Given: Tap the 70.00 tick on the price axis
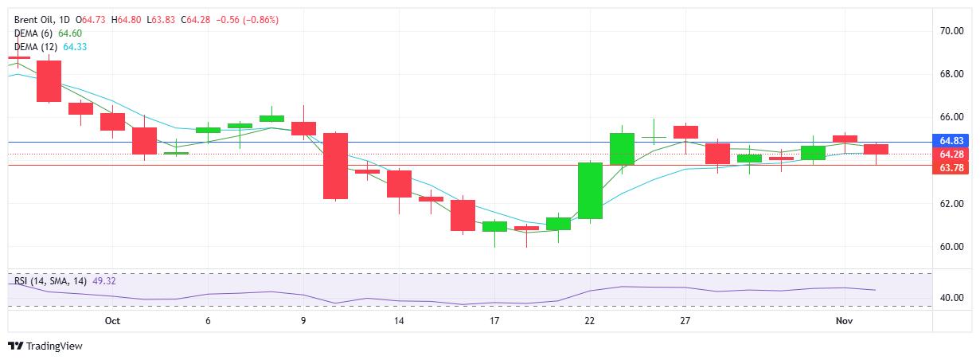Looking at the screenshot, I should coord(952,31).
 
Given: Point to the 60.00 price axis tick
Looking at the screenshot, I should coord(952,247).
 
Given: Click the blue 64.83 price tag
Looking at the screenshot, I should coord(953,141).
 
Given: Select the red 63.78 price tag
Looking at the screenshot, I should coord(953,167).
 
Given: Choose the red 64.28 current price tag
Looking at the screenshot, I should coord(953,154).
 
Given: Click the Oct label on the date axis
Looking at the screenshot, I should coord(112,321).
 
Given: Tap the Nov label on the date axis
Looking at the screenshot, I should coord(844,321).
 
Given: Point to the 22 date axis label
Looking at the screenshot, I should coord(590,321).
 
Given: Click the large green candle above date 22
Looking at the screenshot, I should coord(590,190).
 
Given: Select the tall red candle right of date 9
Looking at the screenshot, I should coord(335,166).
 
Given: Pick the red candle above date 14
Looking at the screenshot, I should coord(399,184).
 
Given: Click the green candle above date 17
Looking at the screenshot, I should coord(494,226).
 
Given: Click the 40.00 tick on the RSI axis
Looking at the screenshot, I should coord(952,298).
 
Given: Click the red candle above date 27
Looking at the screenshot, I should coord(685,131).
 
